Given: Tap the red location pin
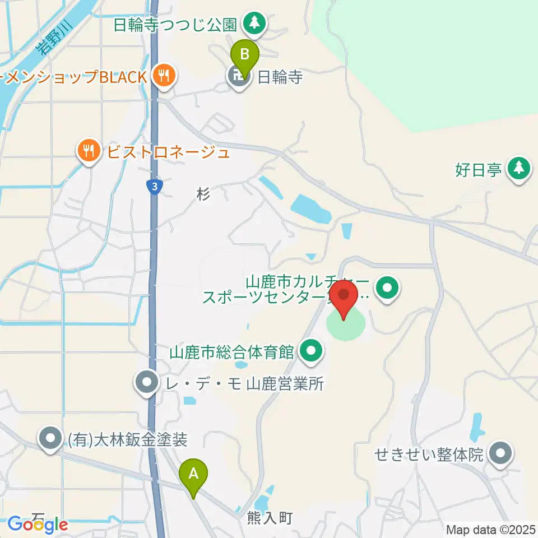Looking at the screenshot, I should tap(344, 297).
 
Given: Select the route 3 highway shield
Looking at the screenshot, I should tap(154, 187).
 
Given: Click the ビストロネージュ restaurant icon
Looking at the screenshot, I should tap(89, 151).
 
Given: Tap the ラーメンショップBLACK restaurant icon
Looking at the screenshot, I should tap(164, 76).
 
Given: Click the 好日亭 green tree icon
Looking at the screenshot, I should tap(519, 169).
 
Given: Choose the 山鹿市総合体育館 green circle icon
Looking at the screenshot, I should tap(312, 353).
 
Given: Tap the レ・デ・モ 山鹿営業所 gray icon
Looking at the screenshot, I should tap(147, 384).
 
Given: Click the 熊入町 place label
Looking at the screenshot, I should tap(270, 518).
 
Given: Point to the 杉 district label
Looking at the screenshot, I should tap(203, 194).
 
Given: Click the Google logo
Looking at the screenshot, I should tap(38, 525).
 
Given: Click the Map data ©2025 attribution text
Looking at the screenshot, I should tap(491, 530).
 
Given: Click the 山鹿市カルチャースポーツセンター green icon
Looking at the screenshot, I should tap(387, 289).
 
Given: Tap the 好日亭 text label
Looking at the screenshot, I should tap(478, 169).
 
